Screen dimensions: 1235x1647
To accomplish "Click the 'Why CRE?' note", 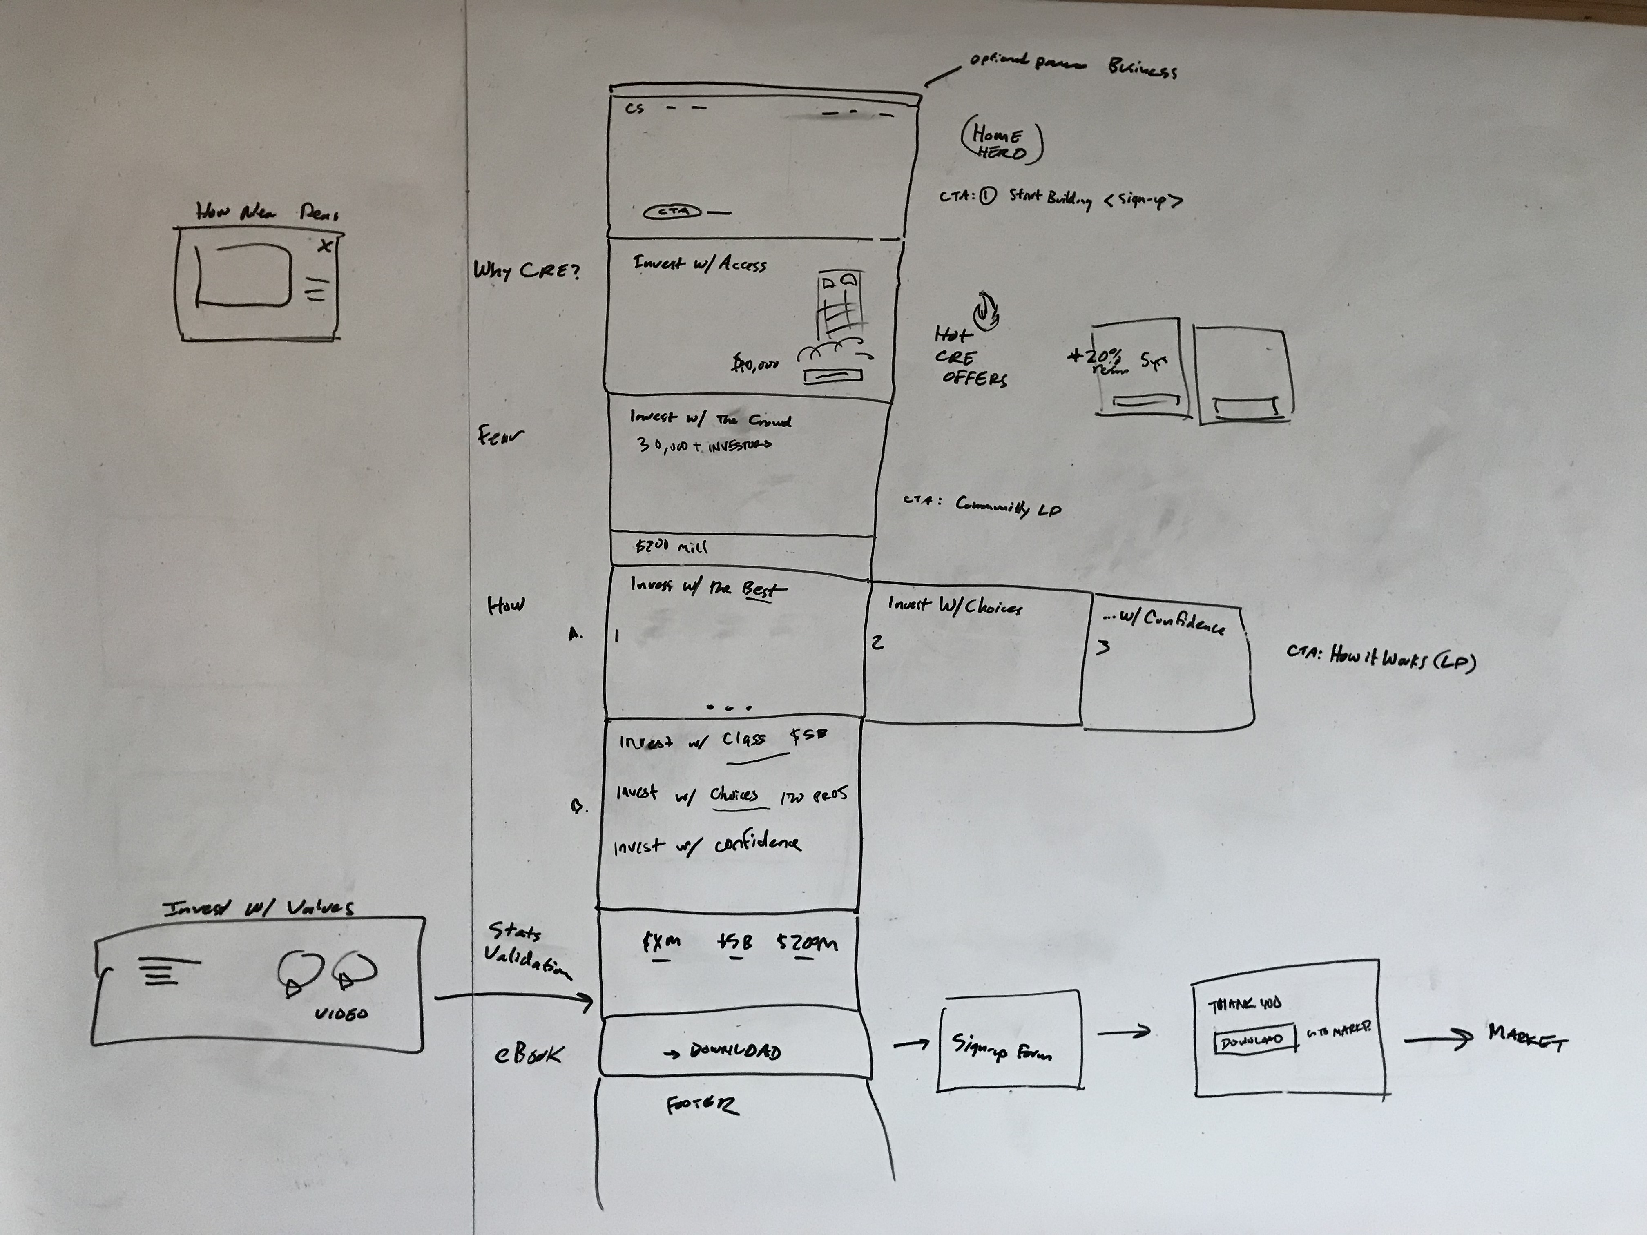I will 526,270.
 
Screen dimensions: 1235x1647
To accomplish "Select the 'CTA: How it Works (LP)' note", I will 1380,658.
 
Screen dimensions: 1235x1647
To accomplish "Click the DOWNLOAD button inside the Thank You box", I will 1254,1041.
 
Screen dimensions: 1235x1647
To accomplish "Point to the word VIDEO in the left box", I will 341,1014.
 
